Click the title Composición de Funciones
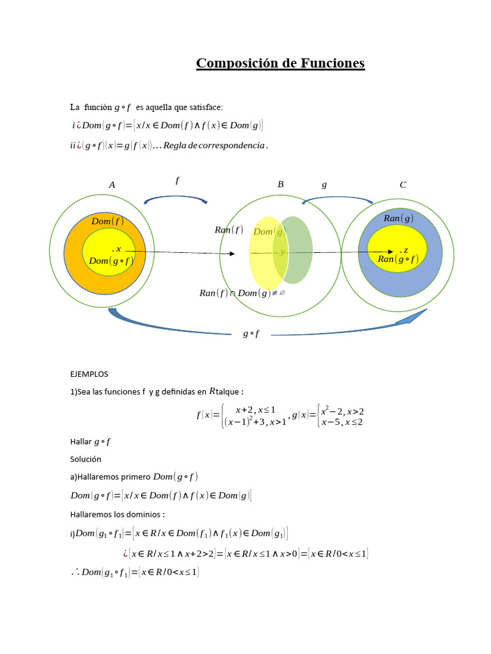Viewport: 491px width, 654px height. click(x=280, y=63)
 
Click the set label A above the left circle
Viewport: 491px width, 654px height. click(x=112, y=185)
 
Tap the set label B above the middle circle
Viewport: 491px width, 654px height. click(x=280, y=185)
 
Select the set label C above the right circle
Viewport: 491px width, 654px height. click(x=403, y=185)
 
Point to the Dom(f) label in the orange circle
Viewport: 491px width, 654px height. click(x=107, y=222)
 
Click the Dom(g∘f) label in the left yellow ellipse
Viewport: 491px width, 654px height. click(x=111, y=261)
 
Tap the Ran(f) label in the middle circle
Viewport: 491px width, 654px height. click(x=230, y=230)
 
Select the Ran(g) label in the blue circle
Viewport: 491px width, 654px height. click(x=398, y=218)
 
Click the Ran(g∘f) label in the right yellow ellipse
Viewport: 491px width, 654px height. click(x=398, y=259)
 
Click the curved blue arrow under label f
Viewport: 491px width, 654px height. click(x=176, y=199)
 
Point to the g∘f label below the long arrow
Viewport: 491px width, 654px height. click(x=251, y=333)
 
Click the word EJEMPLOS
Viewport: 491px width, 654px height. click(x=89, y=374)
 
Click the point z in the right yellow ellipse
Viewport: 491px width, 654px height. click(x=403, y=250)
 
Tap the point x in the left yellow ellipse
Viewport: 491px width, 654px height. click(x=116, y=249)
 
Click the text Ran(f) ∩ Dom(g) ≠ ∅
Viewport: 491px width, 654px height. click(x=242, y=293)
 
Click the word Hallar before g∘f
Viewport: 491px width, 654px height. click(x=81, y=441)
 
